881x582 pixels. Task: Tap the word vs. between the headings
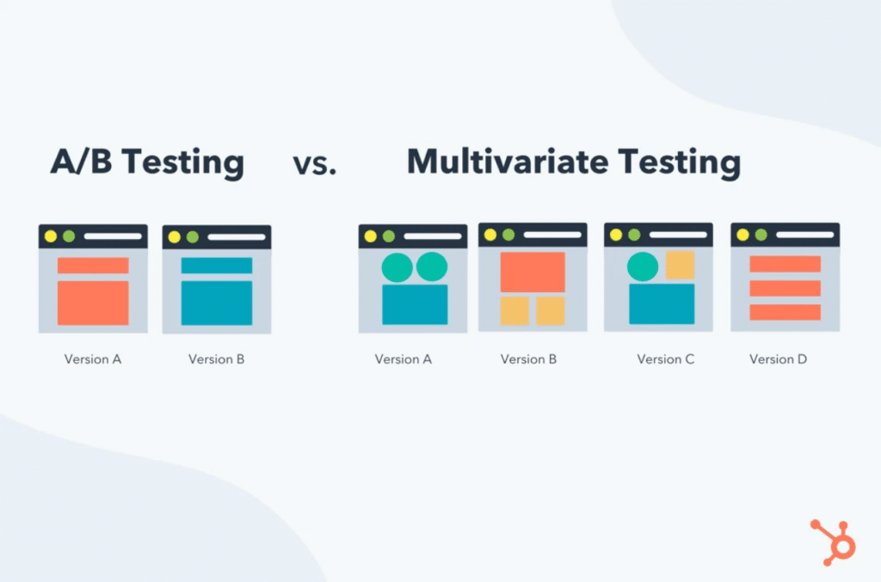click(x=314, y=164)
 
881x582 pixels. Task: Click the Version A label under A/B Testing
click(x=93, y=359)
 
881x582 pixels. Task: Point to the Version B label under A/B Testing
click(x=217, y=359)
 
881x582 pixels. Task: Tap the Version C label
click(x=665, y=359)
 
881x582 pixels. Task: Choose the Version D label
click(x=778, y=359)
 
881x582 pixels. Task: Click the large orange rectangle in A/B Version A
click(x=93, y=303)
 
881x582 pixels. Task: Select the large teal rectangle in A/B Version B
click(x=217, y=303)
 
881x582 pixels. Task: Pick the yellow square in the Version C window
click(x=680, y=265)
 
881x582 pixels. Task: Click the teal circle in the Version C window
click(x=643, y=266)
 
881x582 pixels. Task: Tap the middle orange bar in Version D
click(x=785, y=288)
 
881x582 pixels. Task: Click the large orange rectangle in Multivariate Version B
click(x=533, y=272)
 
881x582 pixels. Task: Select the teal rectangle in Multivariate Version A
click(x=415, y=304)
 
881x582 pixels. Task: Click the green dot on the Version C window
click(x=634, y=235)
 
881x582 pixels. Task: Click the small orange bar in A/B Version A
click(x=93, y=266)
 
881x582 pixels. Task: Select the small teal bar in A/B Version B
click(x=217, y=266)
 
